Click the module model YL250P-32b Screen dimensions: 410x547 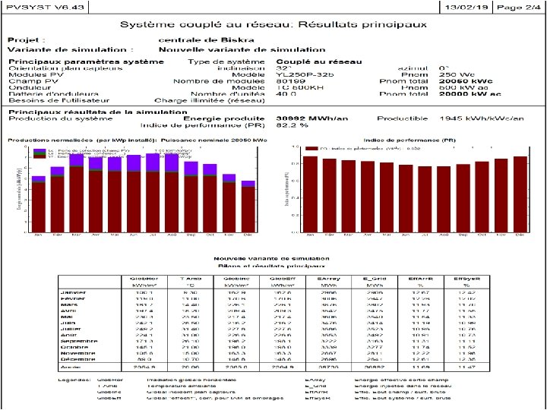[305, 74]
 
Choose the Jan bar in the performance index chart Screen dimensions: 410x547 [310, 194]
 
